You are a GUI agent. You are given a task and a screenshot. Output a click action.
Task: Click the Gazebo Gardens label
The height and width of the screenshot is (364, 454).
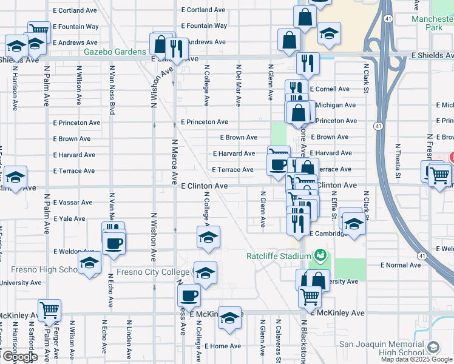click(115, 52)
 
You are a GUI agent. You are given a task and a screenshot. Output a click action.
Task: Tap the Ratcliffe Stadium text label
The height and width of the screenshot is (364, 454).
click(279, 256)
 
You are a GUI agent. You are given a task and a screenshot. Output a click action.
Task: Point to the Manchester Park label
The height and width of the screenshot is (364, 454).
click(432, 23)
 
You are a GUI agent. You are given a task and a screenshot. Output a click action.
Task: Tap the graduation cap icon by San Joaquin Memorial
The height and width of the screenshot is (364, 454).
click(433, 347)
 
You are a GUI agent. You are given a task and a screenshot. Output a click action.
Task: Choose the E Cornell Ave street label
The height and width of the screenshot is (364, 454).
click(330, 89)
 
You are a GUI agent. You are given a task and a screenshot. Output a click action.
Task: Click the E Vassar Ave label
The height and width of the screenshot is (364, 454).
click(73, 203)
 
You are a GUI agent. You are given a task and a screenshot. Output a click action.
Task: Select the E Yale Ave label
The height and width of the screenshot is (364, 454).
click(69, 218)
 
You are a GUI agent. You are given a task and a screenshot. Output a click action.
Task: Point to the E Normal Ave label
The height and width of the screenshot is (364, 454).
click(400, 265)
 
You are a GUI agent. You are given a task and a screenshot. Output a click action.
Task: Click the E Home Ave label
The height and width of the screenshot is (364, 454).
click(222, 346)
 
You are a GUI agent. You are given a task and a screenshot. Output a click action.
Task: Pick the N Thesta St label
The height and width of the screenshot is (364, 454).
click(398, 161)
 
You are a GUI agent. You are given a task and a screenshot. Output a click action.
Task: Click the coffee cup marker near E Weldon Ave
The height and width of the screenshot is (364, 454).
click(113, 244)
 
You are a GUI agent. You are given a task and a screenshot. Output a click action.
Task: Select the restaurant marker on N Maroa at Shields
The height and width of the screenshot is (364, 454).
click(177, 48)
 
